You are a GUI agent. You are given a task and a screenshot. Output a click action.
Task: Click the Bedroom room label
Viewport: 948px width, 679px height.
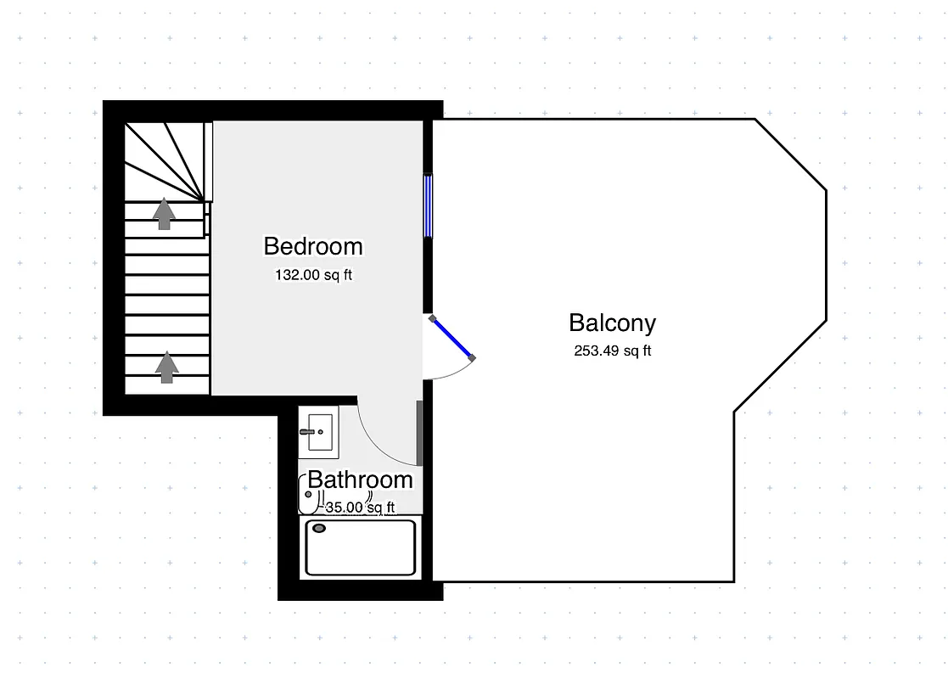pos(313,246)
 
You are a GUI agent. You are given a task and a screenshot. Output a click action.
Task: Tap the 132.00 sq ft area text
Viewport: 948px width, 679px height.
pos(313,275)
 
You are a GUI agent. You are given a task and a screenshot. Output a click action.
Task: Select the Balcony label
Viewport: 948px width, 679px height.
pos(612,323)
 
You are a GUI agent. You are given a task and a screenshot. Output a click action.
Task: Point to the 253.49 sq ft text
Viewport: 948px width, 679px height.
pos(612,351)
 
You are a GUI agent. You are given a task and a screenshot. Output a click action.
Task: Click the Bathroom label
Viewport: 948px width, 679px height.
pos(360,480)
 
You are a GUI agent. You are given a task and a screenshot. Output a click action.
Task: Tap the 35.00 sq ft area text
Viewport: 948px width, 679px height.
pos(361,508)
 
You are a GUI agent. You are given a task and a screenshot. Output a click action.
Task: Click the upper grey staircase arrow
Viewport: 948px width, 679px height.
pos(164,214)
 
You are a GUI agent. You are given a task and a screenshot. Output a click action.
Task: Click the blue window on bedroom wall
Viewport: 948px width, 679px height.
pos(429,205)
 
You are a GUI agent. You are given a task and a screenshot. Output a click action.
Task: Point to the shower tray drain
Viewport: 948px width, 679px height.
pos(320,529)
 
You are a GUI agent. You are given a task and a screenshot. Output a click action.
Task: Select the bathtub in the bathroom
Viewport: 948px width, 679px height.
pos(361,547)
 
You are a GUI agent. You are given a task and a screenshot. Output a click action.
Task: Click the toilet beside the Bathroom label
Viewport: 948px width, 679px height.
pos(306,495)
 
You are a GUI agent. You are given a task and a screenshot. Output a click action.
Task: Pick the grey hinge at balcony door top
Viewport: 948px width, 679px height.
pos(433,319)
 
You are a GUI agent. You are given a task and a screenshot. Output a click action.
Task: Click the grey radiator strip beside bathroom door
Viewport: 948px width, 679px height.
pos(419,433)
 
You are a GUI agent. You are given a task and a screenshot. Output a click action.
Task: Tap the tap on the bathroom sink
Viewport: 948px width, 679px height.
pos(307,432)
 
